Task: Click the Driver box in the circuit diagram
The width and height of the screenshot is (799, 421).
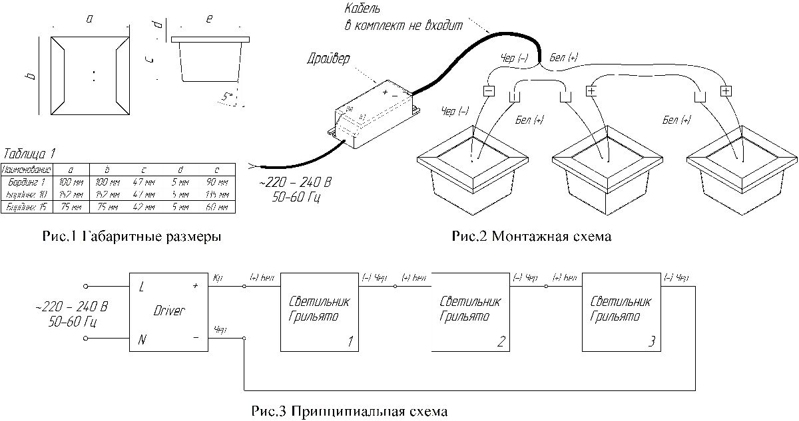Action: tap(169, 311)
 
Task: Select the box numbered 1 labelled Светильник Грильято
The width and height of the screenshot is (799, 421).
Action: tap(320, 311)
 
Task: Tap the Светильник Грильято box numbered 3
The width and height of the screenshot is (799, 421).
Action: tap(621, 311)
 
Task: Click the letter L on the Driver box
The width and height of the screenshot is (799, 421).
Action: tap(142, 287)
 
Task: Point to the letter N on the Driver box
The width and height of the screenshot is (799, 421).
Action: tap(142, 340)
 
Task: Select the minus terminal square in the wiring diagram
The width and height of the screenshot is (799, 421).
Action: tap(489, 90)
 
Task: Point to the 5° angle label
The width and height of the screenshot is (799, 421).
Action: tap(228, 97)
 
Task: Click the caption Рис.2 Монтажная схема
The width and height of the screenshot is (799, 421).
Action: tap(531, 236)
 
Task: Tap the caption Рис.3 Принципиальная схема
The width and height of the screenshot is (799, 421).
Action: tap(350, 410)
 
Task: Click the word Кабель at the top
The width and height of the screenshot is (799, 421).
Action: tap(363, 9)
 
